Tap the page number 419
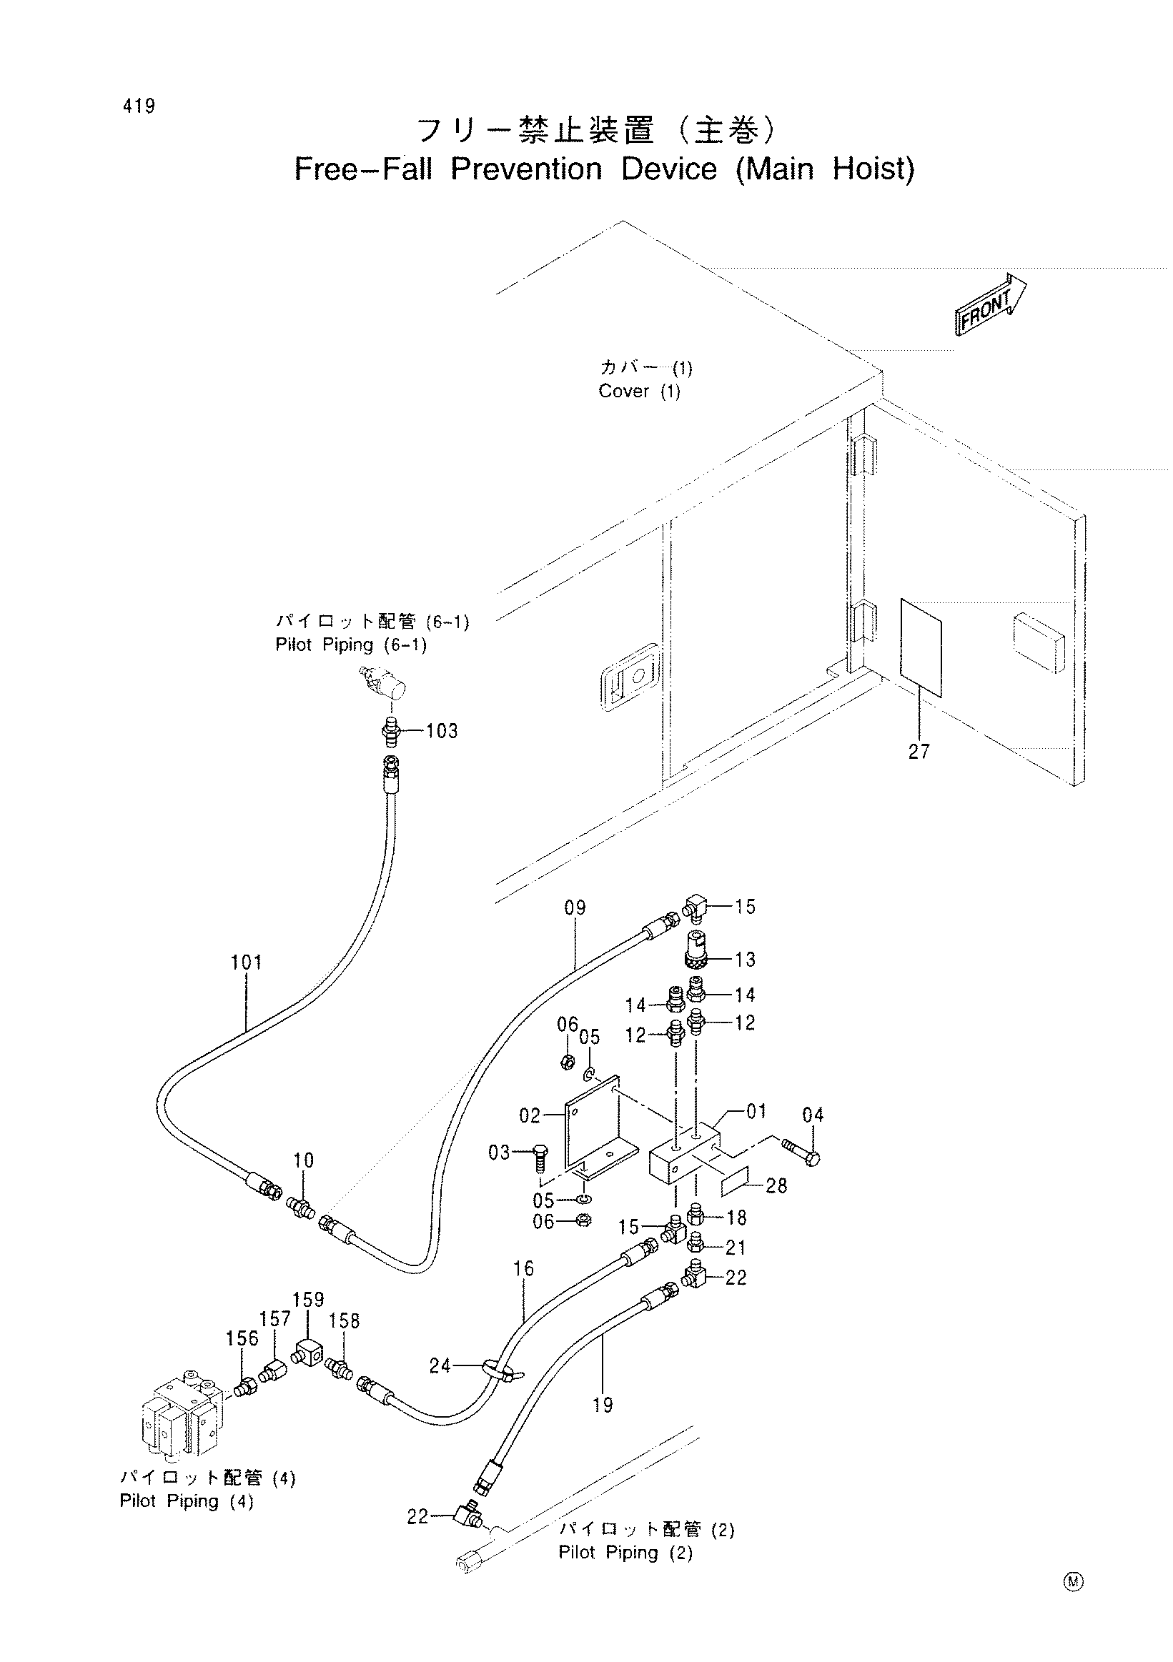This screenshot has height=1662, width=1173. point(138,106)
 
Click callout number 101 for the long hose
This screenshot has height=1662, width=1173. point(246,962)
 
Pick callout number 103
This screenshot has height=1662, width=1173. point(442,731)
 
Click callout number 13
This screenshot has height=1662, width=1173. point(745,960)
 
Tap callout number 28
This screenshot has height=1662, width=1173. point(776,1185)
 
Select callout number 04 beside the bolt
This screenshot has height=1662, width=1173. point(813,1115)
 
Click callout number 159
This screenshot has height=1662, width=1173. point(308,1299)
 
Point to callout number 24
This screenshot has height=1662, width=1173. point(440,1366)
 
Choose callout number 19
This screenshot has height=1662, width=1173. point(603,1405)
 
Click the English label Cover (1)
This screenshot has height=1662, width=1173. point(638,392)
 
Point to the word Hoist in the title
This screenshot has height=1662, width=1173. point(874,169)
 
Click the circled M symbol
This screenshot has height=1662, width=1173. point(1073,1583)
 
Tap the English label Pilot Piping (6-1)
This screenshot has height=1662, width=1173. point(351,645)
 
